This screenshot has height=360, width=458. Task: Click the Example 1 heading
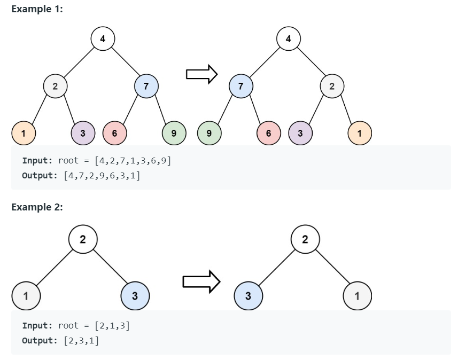pos(37,9)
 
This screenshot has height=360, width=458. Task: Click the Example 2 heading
pos(37,207)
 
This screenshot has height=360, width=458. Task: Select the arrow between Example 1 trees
pos(201,74)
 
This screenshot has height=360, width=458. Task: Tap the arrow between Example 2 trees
pos(201,280)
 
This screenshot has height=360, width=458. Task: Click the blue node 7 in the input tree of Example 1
pos(146,85)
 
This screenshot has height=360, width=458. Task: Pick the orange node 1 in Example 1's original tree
pos(24,133)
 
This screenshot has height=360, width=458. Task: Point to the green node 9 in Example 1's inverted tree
pos(208,133)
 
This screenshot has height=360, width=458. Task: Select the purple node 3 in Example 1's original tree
pos(83,133)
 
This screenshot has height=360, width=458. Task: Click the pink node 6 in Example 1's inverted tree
pos(268,133)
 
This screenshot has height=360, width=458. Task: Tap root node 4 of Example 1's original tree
pos(102,38)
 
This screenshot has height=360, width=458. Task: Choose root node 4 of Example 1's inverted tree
pos(289,38)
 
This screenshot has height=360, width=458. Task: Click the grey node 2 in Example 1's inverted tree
pos(332,85)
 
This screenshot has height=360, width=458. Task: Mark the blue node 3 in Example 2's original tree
pos(135,295)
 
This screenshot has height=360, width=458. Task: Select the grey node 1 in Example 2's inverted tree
pos(357,295)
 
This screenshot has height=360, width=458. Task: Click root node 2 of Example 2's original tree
pos(82,239)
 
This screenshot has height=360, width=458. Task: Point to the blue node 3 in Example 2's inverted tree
pos(249,295)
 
